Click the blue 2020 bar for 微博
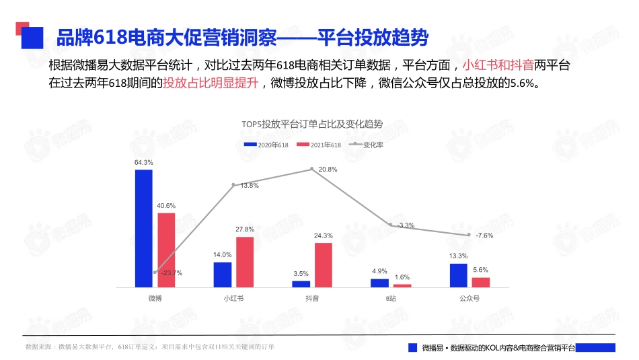pyautogui.click(x=143, y=228)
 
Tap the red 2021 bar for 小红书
pyautogui.click(x=245, y=262)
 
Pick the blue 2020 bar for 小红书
pyautogui.click(x=223, y=275)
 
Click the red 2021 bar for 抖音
pyautogui.click(x=324, y=265)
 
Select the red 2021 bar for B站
pyautogui.click(x=402, y=285)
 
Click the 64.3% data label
pyautogui.click(x=143, y=162)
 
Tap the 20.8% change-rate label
pyautogui.click(x=328, y=170)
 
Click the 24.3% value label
pyautogui.click(x=324, y=236)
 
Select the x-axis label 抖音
pyautogui.click(x=312, y=297)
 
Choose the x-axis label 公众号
pyautogui.click(x=469, y=297)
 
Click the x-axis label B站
pyautogui.click(x=391, y=297)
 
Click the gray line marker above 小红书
pyautogui.click(x=233, y=184)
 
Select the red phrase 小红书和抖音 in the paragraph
pyautogui.click(x=498, y=65)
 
